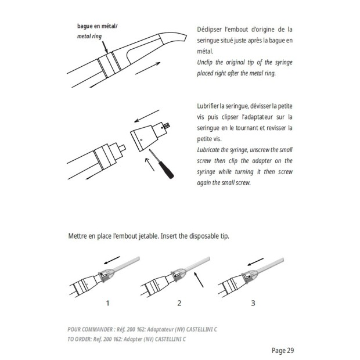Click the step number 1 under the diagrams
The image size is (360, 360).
point(107,303)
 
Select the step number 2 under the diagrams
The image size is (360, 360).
point(179,303)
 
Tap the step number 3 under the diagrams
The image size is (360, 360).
point(252,303)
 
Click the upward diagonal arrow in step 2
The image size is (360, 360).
point(199,279)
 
